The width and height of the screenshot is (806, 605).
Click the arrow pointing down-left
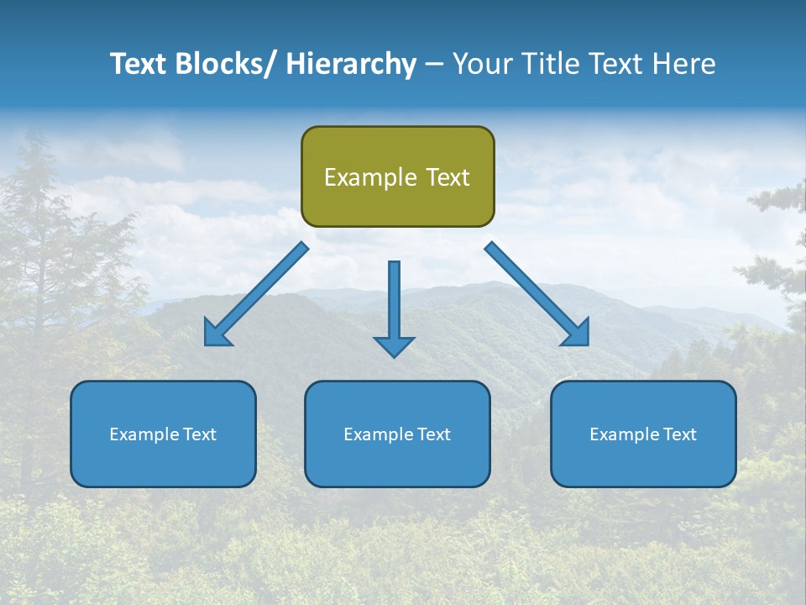[257, 294]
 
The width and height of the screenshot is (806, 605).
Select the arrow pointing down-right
[536, 294]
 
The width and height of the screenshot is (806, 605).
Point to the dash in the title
[433, 65]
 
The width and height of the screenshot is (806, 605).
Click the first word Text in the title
[137, 64]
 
